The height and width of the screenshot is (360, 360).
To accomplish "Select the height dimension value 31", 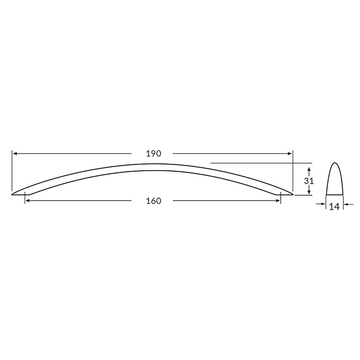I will (308, 180).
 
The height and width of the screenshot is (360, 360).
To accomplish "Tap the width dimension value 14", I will (334, 206).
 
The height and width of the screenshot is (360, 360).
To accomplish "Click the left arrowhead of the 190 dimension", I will (15, 154).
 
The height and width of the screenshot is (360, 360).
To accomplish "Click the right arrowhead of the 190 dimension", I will (290, 154).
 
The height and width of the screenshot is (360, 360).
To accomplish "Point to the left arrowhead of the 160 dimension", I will (28, 201).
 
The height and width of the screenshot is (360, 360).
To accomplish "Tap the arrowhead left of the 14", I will (324, 204).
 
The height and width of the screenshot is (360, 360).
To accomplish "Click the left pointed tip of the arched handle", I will (13, 194).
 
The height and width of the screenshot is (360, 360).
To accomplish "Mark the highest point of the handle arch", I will (152, 164).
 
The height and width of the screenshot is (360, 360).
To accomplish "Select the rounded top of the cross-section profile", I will (335, 164).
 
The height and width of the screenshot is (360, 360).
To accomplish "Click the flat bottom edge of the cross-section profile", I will (335, 195).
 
